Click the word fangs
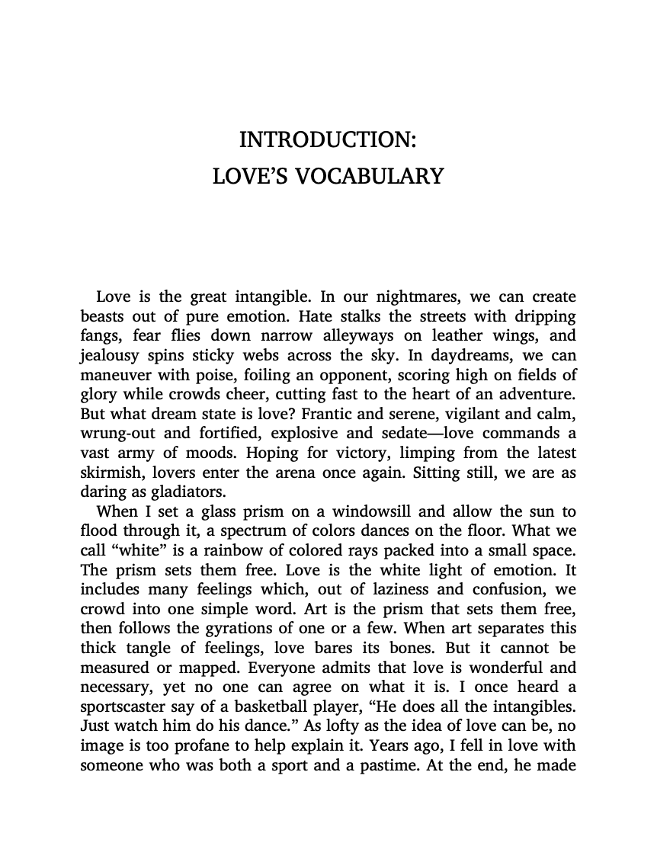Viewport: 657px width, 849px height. point(100,336)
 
